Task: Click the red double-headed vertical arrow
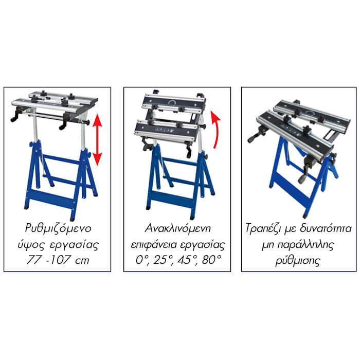point(98,139)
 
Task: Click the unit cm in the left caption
point(82,261)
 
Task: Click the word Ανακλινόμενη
point(177,228)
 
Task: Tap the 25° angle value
point(163,260)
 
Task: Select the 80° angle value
point(211,260)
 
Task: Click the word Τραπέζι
point(263,229)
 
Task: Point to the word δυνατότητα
point(326,228)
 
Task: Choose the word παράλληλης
point(306,245)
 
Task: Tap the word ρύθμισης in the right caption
point(298,261)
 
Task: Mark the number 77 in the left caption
point(34,260)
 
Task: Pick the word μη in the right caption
point(268,246)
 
